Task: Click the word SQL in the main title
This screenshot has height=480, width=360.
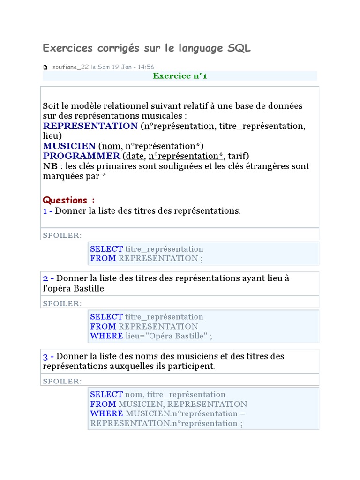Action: (x=239, y=48)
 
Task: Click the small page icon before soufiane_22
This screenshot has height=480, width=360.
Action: (x=45, y=67)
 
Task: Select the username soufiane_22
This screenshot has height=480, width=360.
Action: (x=70, y=67)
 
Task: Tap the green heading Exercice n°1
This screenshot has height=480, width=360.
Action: (x=180, y=76)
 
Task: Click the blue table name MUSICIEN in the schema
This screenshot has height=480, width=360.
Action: (x=69, y=146)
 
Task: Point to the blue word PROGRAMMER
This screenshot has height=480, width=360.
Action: (x=82, y=156)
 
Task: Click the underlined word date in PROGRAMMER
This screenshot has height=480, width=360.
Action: (x=133, y=156)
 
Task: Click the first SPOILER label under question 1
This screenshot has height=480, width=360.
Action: (x=62, y=235)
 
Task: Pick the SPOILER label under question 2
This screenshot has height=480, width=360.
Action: (x=62, y=303)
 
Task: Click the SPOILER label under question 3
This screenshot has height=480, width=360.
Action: (x=62, y=381)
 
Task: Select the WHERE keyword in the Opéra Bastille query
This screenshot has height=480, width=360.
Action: (x=106, y=336)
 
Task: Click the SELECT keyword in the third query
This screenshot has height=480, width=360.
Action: (x=106, y=395)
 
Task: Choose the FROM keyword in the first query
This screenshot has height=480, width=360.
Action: (x=103, y=258)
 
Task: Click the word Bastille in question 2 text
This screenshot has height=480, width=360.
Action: (x=89, y=288)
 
